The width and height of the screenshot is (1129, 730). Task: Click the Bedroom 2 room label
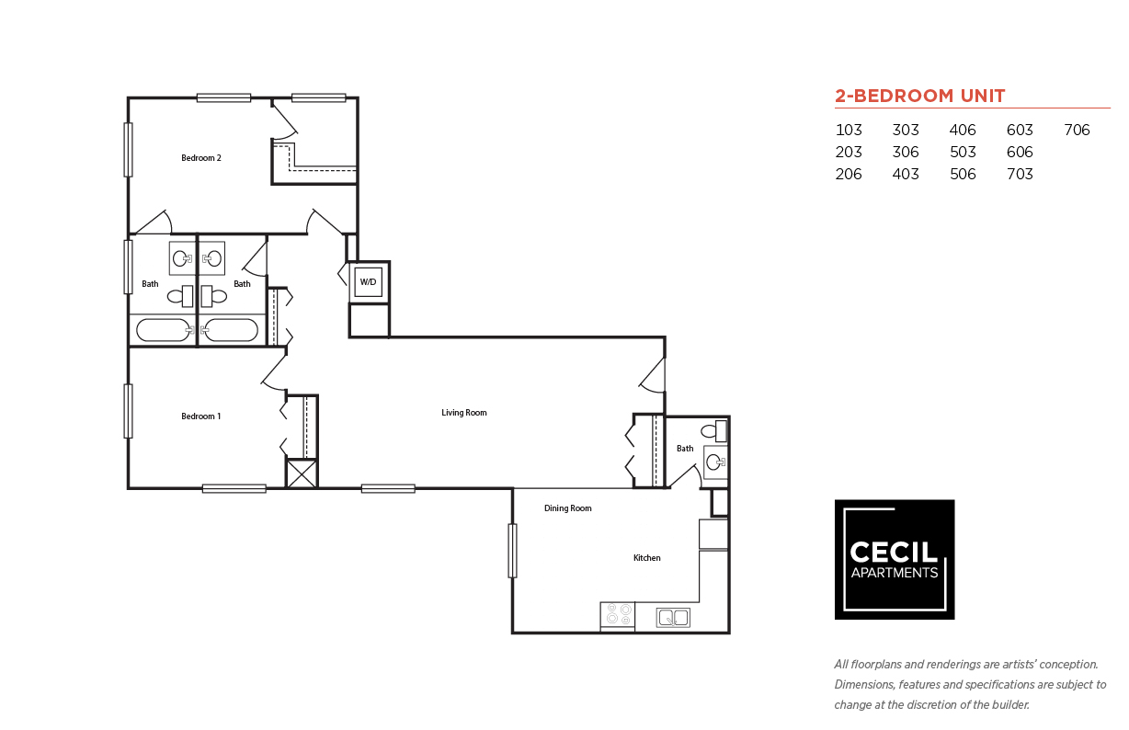200,158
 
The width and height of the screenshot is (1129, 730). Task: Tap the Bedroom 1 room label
200,416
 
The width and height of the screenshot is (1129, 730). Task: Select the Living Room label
463,413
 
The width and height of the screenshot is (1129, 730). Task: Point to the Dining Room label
567,508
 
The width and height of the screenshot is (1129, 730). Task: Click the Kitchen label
646,558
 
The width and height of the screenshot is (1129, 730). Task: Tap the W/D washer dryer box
368,281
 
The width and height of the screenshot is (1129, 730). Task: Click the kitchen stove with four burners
617,615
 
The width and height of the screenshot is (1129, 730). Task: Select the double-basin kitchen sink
673,618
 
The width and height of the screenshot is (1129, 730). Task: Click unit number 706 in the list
1077,131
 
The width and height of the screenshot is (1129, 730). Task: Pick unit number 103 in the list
849,131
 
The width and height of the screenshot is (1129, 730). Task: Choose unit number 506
963,175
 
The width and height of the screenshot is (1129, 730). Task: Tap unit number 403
906,175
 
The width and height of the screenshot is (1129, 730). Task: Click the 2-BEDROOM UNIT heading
919,96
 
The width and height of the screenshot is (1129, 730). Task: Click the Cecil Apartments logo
894,559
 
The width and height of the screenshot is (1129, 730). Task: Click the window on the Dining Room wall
512,551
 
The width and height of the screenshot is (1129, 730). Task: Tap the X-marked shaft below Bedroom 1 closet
302,473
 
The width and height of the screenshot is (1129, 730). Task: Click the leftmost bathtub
163,329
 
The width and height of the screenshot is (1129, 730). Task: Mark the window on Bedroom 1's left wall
128,411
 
